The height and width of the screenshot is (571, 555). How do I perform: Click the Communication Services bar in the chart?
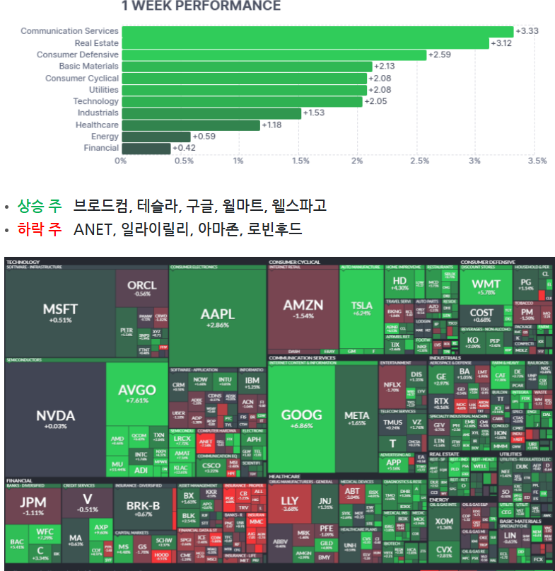pyautogui.click(x=317, y=31)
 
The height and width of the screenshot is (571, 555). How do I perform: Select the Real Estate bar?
pyautogui.click(x=305, y=43)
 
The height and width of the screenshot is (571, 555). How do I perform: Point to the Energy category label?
pyautogui.click(x=105, y=137)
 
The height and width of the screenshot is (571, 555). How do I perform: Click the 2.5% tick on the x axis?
pyautogui.click(x=419, y=161)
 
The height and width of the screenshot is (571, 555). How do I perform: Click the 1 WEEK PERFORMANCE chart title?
pyautogui.click(x=201, y=6)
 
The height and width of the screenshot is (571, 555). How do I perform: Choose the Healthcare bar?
pyautogui.click(x=191, y=125)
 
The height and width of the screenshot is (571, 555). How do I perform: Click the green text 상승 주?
pyautogui.click(x=40, y=206)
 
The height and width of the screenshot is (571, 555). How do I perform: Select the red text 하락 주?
pyautogui.click(x=40, y=229)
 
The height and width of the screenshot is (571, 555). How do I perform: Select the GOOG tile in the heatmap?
pyautogui.click(x=301, y=417)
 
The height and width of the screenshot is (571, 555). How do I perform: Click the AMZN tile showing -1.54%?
pyautogui.click(x=303, y=309)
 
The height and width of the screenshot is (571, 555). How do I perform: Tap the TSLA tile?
pyautogui.click(x=361, y=308)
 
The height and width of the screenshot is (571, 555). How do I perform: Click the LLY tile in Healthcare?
pyautogui.click(x=290, y=504)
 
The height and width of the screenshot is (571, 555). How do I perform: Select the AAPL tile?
pyautogui.click(x=216, y=316)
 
